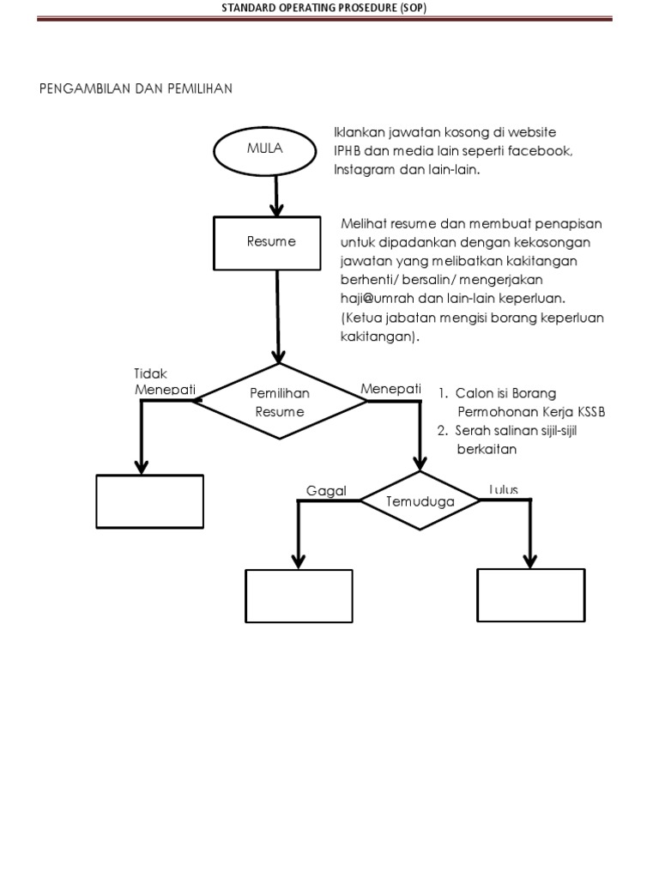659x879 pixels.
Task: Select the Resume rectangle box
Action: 271,241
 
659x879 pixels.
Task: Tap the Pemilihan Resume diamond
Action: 280,402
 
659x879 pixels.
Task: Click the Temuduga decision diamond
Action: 420,500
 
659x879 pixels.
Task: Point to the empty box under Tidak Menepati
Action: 149,501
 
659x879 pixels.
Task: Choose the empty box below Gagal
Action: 299,595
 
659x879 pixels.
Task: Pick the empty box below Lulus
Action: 530,595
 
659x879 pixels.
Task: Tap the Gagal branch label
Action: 327,491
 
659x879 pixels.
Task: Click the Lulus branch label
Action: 504,490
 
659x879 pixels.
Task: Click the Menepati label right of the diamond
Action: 390,389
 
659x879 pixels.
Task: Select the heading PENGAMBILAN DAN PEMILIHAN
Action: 136,88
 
